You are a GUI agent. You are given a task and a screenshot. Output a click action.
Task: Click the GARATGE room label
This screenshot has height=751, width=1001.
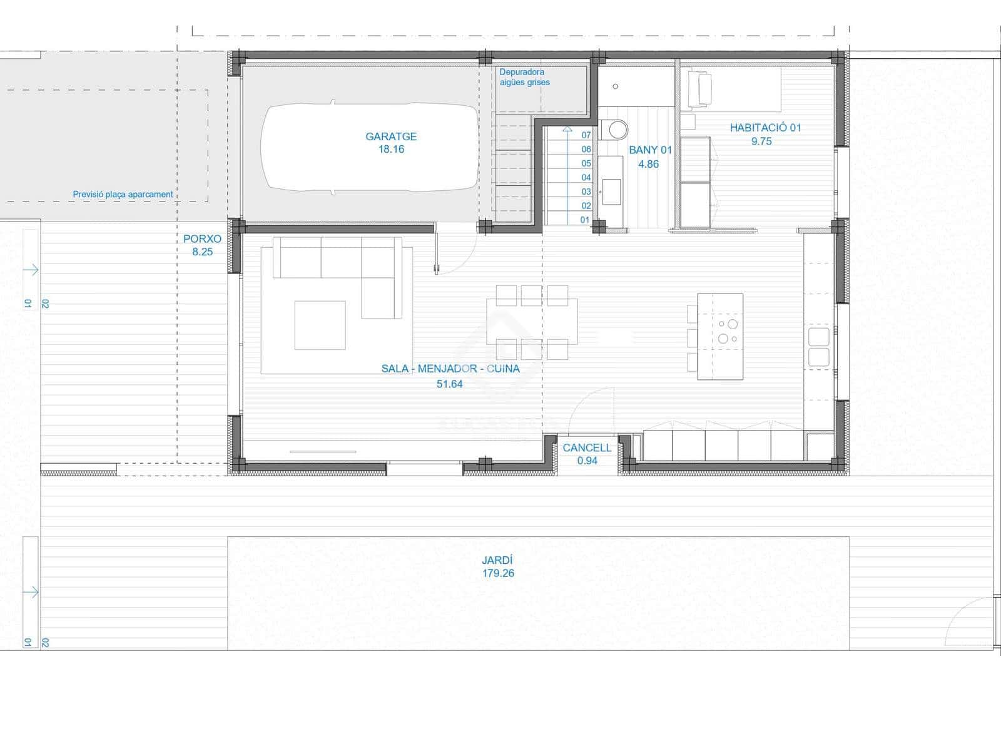(x=391, y=136)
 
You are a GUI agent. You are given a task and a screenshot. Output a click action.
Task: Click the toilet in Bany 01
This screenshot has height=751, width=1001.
(x=618, y=130)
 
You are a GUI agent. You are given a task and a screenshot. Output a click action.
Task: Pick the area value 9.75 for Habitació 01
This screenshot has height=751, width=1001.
(x=761, y=141)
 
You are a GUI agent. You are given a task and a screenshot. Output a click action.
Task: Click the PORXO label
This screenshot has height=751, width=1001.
(x=202, y=239)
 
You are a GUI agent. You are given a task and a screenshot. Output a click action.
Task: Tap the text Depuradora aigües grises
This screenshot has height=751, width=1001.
(x=524, y=77)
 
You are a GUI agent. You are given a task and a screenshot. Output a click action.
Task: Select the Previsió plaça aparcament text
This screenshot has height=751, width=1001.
(x=123, y=194)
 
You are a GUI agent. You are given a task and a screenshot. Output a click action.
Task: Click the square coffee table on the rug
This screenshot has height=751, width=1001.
(x=320, y=325)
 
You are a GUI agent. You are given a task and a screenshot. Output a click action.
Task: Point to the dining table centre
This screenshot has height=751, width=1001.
(x=532, y=322)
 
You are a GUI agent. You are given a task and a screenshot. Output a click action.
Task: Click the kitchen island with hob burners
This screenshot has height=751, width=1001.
(x=720, y=336)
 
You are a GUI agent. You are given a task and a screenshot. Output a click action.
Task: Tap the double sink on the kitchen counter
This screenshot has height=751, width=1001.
(x=818, y=347)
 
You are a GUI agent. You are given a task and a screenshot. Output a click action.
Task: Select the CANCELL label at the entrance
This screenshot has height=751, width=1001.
(x=587, y=447)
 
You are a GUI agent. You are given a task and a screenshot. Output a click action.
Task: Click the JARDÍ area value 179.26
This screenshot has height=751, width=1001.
(x=498, y=573)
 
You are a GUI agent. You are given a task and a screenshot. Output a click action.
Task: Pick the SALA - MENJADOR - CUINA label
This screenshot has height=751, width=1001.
(x=450, y=369)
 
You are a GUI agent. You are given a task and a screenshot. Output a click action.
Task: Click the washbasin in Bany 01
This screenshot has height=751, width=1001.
(x=611, y=188)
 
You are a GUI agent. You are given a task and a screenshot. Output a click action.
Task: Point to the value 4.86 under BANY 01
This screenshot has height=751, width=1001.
(x=648, y=164)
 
